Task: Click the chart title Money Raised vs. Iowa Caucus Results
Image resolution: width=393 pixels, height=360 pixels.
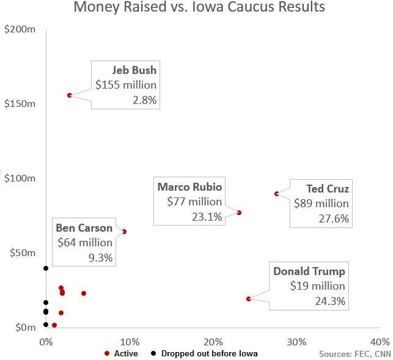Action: pos(199,8)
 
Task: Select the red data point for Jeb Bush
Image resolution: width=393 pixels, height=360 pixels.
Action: pos(70,95)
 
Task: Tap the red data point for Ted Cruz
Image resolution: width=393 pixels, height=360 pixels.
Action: pos(277,194)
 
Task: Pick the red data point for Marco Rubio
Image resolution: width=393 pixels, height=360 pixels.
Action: pos(239,213)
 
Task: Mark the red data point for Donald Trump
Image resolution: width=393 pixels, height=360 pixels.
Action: pos(249,299)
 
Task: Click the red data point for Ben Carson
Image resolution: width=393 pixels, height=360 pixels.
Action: pos(124,232)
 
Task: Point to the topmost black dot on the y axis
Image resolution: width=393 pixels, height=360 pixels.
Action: pos(46,268)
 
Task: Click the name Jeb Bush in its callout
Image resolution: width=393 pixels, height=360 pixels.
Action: pos(134,70)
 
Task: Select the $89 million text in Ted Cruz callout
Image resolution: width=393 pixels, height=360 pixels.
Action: pos(321,204)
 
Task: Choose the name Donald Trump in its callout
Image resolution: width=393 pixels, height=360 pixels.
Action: pos(309,271)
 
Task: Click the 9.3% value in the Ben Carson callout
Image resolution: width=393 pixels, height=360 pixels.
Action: pos(101,257)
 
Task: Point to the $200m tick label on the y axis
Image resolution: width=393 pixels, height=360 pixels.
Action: pos(20,29)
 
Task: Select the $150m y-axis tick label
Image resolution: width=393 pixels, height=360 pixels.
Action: pos(20,103)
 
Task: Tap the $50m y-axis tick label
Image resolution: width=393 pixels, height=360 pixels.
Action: pos(22,252)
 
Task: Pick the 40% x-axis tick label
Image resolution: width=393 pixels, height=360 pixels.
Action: pos(380,341)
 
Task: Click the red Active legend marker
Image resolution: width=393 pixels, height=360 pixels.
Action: pos(107,353)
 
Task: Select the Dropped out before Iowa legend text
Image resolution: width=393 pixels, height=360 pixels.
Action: pos(209,353)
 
